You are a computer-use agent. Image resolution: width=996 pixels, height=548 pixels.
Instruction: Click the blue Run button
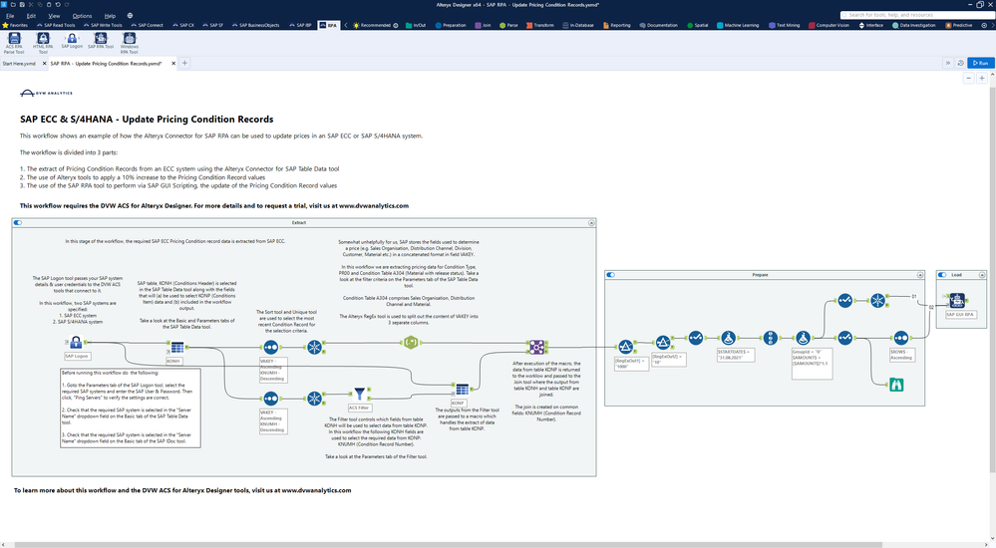(981, 63)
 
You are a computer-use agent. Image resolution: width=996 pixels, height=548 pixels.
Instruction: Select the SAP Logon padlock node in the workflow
(76, 343)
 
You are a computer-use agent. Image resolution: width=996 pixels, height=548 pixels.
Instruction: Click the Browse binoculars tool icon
(895, 386)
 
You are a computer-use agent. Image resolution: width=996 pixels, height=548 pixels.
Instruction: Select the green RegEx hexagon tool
(410, 343)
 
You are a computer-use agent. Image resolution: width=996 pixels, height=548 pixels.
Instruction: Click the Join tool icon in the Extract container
(536, 347)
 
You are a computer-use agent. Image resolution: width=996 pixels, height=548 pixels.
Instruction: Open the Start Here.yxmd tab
(19, 63)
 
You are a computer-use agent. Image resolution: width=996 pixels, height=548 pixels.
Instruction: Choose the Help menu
(110, 16)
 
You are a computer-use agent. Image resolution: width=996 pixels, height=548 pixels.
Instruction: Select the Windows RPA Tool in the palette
(130, 39)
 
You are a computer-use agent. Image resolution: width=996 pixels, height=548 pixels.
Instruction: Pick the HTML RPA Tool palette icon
(43, 39)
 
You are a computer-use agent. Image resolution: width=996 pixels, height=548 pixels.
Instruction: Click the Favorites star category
(15, 24)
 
